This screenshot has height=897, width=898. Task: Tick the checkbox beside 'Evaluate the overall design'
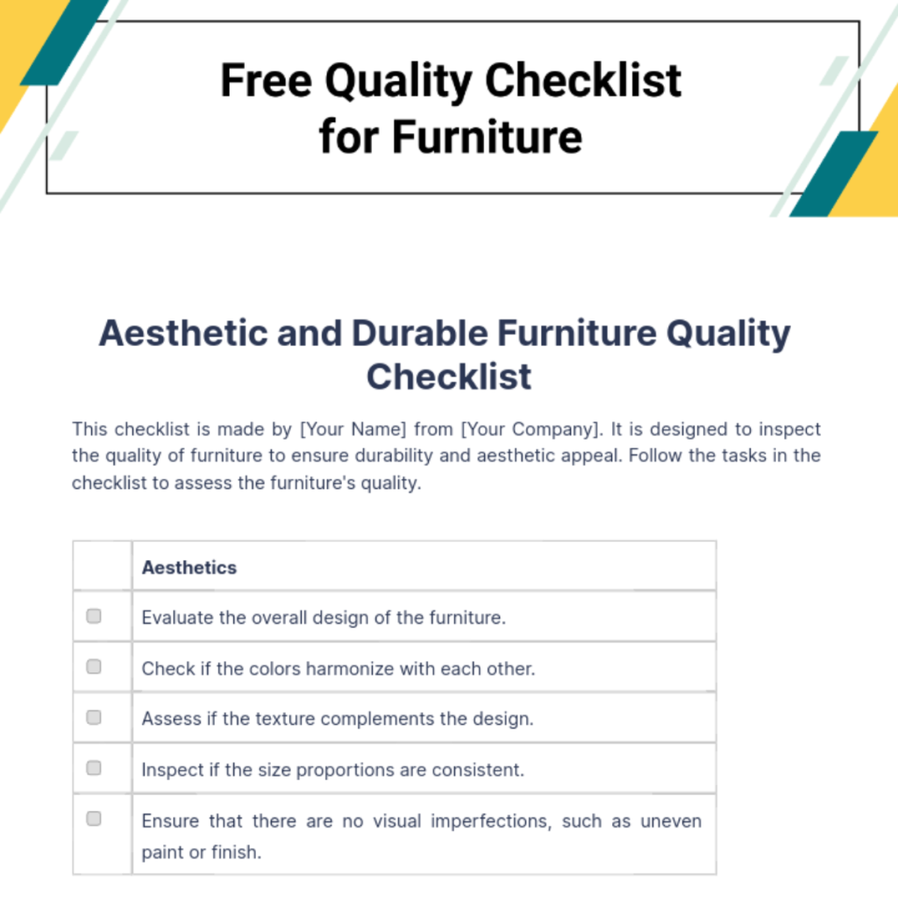click(x=94, y=616)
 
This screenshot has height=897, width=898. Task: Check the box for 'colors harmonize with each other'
click(x=94, y=667)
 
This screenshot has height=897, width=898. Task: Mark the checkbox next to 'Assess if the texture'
click(x=94, y=717)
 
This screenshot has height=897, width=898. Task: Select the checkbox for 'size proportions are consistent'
click(x=94, y=768)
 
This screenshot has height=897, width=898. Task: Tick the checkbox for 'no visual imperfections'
click(x=94, y=819)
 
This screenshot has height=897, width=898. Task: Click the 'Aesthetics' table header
click(x=189, y=567)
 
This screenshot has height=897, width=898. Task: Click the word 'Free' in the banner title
click(x=266, y=81)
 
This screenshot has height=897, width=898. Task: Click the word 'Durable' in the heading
click(x=418, y=334)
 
